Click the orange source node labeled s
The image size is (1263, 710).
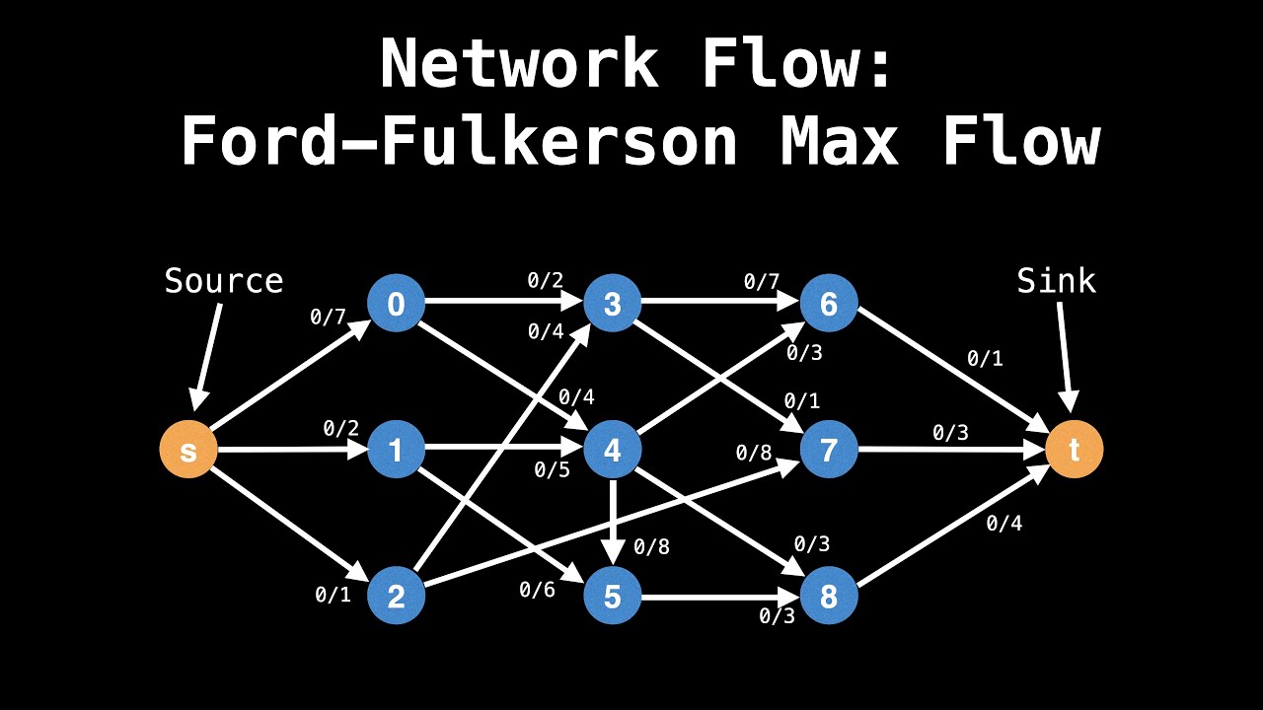click(x=187, y=451)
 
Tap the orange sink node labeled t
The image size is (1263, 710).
click(x=1074, y=451)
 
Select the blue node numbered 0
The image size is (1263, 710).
click(x=396, y=304)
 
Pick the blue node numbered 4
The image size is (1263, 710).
click(x=613, y=451)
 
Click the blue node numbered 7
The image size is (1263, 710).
click(x=829, y=451)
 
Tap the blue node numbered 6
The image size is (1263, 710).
click(x=829, y=304)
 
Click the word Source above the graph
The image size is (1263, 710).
click(x=224, y=282)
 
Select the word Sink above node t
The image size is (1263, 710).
click(x=1056, y=282)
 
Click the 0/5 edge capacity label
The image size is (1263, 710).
click(x=552, y=470)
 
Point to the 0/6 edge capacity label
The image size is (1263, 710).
click(x=537, y=590)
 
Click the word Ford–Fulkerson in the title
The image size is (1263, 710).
click(x=459, y=141)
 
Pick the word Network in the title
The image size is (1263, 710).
click(x=519, y=65)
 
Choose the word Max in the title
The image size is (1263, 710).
click(x=839, y=141)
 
